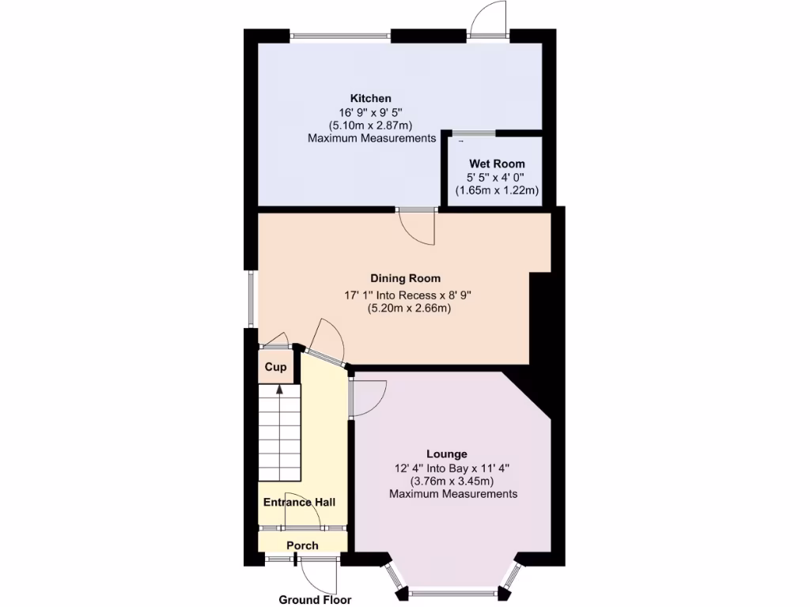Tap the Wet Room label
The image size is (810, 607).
pyautogui.click(x=497, y=164)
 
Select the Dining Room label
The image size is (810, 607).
pyautogui.click(x=405, y=278)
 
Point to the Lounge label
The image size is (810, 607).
pyautogui.click(x=446, y=454)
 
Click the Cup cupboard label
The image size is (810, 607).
pyautogui.click(x=275, y=368)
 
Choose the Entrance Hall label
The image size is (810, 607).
pyautogui.click(x=299, y=502)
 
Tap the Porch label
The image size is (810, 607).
pyautogui.click(x=302, y=545)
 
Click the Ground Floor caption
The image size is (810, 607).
pyautogui.click(x=315, y=600)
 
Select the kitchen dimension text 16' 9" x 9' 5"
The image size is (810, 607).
pyautogui.click(x=371, y=111)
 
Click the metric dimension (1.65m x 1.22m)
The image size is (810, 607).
pyautogui.click(x=497, y=190)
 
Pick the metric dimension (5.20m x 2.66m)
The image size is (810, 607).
pyautogui.click(x=409, y=309)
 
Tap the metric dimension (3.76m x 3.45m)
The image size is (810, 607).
pyautogui.click(x=452, y=481)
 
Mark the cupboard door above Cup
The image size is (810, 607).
pyautogui.click(x=275, y=341)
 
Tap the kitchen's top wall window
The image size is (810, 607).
pyautogui.click(x=340, y=35)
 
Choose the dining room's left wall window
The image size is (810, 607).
pyautogui.click(x=251, y=299)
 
